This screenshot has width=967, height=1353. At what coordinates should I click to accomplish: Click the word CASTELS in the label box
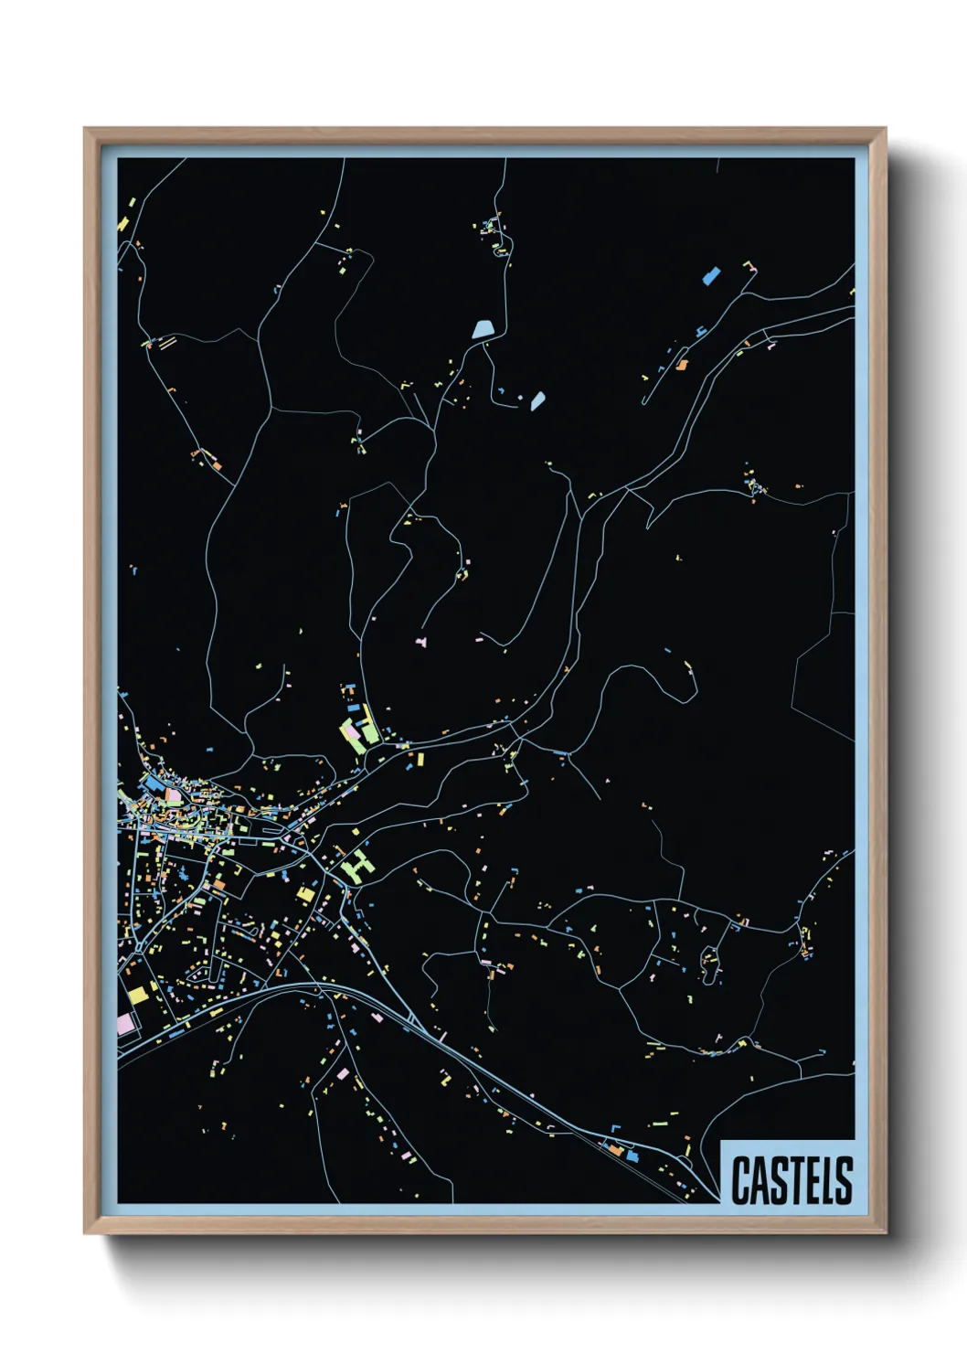[x=792, y=1179]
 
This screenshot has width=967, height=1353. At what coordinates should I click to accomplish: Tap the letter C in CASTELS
[x=740, y=1180]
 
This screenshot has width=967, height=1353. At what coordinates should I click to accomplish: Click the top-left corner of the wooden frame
[x=86, y=130]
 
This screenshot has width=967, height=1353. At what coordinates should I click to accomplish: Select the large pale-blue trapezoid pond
[x=483, y=329]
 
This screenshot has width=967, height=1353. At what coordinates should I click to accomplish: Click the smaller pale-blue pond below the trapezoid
[x=537, y=400]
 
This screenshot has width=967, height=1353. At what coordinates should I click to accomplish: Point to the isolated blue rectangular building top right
[x=709, y=273]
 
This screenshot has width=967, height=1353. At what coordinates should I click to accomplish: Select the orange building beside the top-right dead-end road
[x=682, y=365]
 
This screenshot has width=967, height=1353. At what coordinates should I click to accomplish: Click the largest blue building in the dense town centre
[x=153, y=783]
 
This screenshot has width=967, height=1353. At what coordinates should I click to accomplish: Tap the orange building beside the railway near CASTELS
[x=615, y=1151]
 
